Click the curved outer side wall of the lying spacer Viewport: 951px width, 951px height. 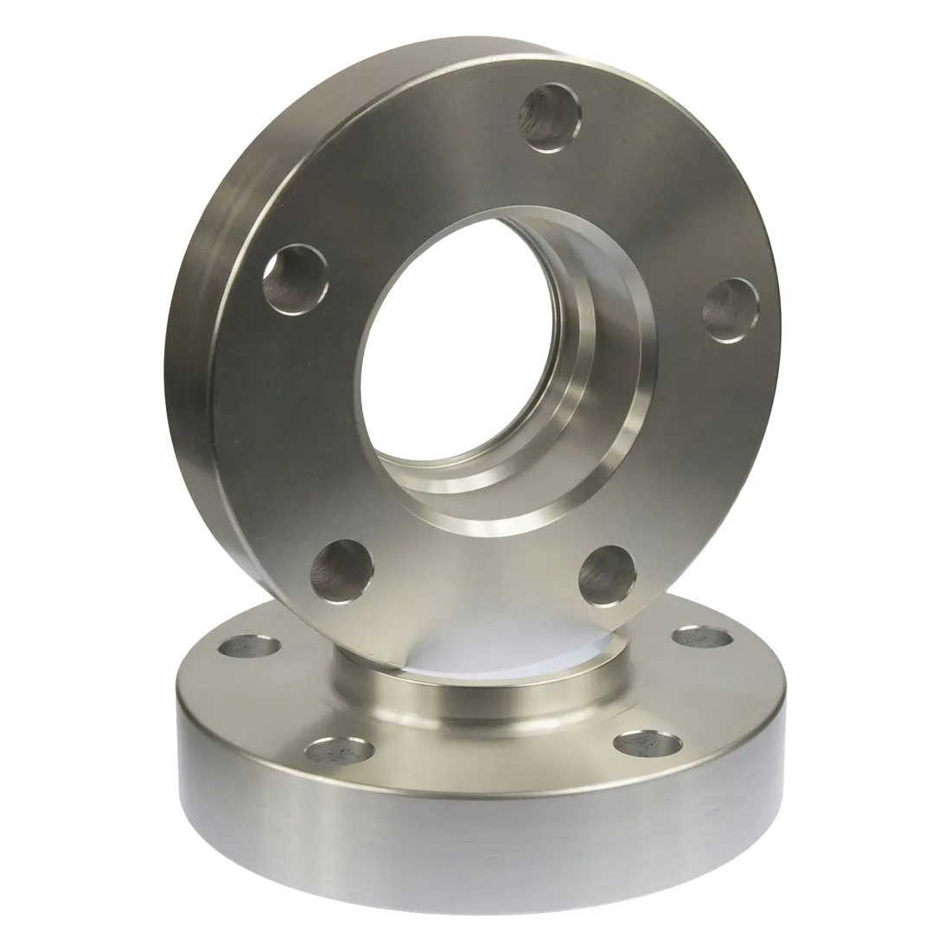[484, 856]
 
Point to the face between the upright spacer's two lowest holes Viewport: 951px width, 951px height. [471, 588]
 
